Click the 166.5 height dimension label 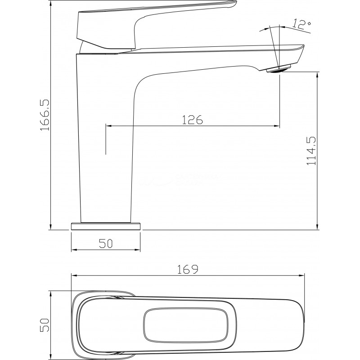(x=45, y=115)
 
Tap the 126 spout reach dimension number (x=193, y=120)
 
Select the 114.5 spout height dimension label (x=311, y=151)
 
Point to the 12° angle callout (x=301, y=24)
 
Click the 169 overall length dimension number (x=187, y=269)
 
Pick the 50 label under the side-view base (x=106, y=243)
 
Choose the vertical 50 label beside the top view (x=45, y=325)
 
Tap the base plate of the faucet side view (x=106, y=226)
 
